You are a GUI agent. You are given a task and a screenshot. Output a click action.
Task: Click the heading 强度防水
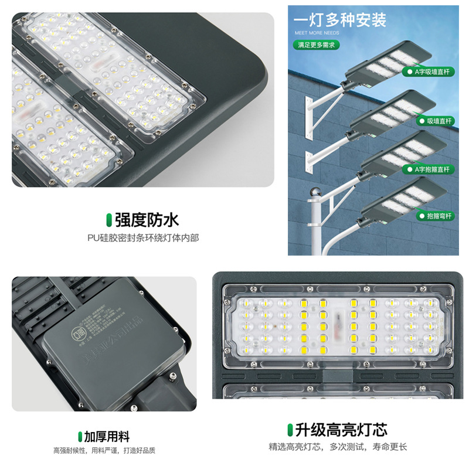(147, 220)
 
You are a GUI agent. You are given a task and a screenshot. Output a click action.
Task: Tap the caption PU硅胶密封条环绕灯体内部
(143, 238)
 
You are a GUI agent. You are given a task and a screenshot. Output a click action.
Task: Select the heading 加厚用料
(106, 436)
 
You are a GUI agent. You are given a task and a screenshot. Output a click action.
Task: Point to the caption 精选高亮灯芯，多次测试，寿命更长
(338, 447)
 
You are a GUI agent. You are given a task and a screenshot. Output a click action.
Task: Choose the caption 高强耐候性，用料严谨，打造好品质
(104, 450)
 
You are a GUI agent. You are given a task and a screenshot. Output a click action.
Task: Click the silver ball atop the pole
(315, 193)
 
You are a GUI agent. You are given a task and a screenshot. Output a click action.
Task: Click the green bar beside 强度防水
(108, 220)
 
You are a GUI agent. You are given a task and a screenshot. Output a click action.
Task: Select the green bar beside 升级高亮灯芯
(290, 430)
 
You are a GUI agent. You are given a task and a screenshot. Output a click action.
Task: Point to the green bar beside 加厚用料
(80, 436)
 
